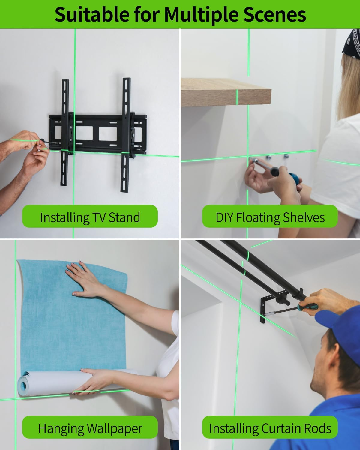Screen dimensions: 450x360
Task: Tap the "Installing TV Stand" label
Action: click(90, 217)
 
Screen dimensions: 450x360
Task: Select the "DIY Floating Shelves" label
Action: click(270, 217)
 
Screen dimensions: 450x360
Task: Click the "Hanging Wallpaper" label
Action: click(90, 428)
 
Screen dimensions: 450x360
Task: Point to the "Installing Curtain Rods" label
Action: click(270, 428)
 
